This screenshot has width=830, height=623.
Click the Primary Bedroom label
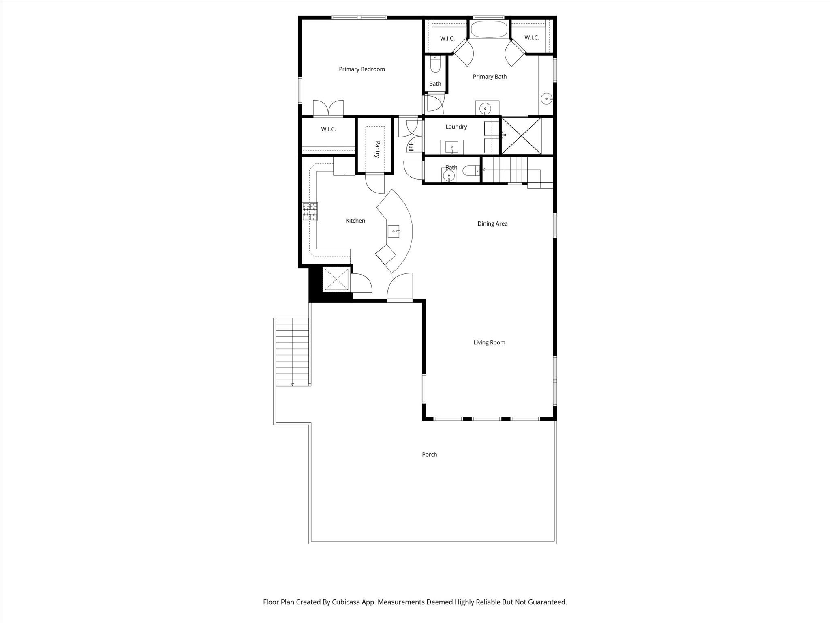(x=362, y=69)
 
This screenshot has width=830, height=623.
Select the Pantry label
(x=377, y=149)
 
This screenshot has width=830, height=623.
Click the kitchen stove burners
(x=310, y=212)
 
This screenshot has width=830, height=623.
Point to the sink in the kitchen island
(x=394, y=231)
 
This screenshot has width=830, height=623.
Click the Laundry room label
(x=456, y=127)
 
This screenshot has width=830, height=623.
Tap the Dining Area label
(x=492, y=223)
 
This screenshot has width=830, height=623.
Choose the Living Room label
(x=489, y=342)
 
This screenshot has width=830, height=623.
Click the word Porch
(x=430, y=455)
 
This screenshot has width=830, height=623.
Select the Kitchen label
(x=355, y=221)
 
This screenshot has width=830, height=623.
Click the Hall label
(x=411, y=146)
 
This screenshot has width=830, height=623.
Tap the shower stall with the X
(x=522, y=136)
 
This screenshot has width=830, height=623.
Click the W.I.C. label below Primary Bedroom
(x=328, y=129)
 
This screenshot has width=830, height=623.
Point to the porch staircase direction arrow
(x=292, y=384)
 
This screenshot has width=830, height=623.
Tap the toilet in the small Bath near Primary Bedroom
(x=435, y=64)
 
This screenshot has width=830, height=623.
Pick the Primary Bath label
(x=490, y=77)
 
